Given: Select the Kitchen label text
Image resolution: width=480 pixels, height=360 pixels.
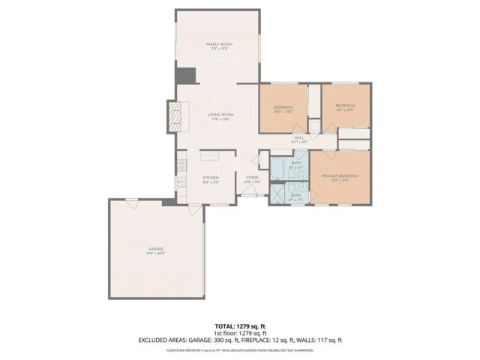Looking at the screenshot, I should (x=210, y=178).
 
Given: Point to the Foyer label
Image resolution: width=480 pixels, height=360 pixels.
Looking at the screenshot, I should (x=252, y=178).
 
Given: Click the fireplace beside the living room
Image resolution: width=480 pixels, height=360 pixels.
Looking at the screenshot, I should (x=173, y=116).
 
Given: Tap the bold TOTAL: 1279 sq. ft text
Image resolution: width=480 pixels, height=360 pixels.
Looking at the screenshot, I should (x=240, y=326).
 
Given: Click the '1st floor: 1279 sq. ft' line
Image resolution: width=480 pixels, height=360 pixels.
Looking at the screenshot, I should (x=240, y=333).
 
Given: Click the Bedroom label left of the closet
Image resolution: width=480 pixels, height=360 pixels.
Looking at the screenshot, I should (x=283, y=107).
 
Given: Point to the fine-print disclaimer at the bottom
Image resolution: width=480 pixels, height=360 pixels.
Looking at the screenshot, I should (x=240, y=350).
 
